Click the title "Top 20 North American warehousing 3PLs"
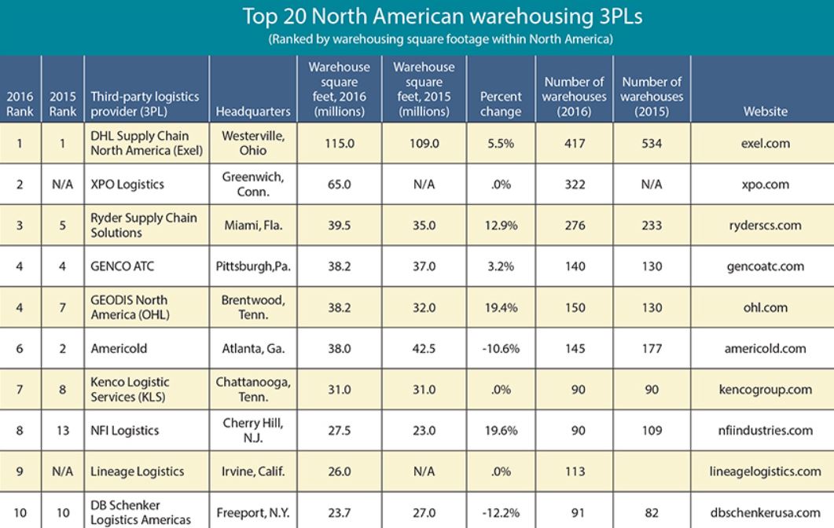(442, 16)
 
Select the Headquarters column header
(253, 112)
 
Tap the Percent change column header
(501, 104)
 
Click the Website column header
(766, 112)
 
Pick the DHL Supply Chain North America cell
(147, 143)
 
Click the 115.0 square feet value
(340, 144)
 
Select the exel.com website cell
(766, 144)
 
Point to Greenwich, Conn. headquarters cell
(253, 184)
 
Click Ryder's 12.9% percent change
(501, 225)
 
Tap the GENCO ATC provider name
(123, 266)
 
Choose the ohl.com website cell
(766, 307)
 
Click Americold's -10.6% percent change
(501, 349)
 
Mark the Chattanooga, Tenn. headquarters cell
(253, 389)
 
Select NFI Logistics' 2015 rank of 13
(63, 431)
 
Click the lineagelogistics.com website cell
(766, 471)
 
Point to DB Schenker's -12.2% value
(501, 513)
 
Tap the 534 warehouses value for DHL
(652, 144)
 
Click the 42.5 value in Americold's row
(424, 349)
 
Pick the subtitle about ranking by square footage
(441, 39)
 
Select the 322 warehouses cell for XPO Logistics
(575, 185)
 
